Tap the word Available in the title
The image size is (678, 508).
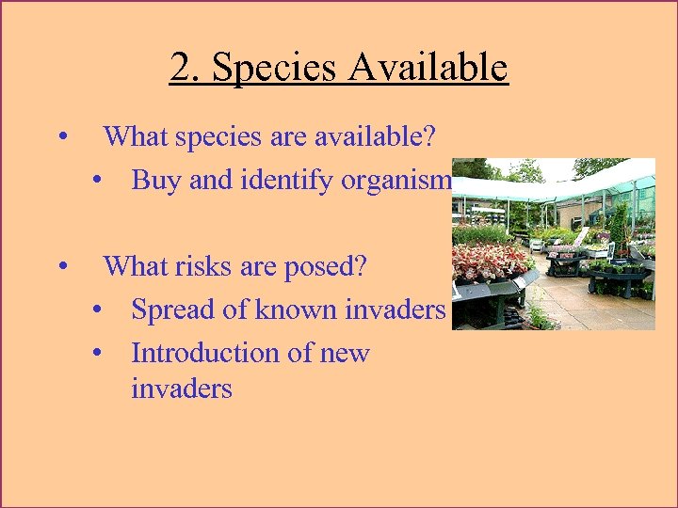[x=428, y=68]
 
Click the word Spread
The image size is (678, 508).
[x=174, y=310]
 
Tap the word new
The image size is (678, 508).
[x=344, y=354]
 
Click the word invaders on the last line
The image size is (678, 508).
[x=182, y=388]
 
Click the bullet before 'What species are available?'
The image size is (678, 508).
[x=61, y=137]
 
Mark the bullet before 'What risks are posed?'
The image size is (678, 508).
[x=61, y=266]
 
